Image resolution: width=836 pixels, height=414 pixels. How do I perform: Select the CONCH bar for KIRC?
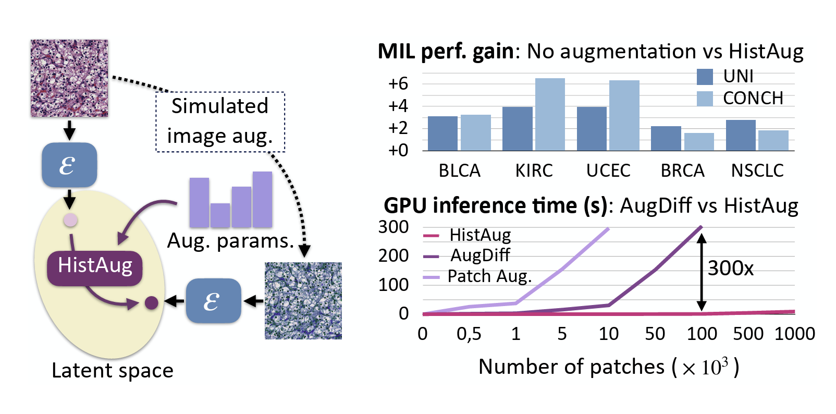point(550,115)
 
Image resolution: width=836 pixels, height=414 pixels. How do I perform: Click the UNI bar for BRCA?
point(666,138)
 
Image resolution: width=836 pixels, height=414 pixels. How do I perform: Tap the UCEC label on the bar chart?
point(608,171)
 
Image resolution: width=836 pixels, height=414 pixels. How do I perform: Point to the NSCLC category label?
point(757,171)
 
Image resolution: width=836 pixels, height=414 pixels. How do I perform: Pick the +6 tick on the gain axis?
point(398,83)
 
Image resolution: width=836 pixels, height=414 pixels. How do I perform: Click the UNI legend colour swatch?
point(705,77)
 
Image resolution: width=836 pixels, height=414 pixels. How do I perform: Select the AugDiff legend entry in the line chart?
point(480,255)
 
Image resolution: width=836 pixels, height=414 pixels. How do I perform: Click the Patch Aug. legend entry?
point(489,276)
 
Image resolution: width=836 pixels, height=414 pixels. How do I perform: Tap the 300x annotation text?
point(730,269)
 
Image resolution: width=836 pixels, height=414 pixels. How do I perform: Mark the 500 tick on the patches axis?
point(748,334)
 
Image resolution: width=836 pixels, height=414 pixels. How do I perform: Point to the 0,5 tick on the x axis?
point(469,334)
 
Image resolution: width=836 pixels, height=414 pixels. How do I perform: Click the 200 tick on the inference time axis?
point(393,255)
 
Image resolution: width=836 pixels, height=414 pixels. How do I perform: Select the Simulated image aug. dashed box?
point(220,121)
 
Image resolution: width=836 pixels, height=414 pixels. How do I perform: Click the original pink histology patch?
point(69,78)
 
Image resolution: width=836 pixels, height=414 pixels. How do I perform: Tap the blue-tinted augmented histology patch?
point(303,301)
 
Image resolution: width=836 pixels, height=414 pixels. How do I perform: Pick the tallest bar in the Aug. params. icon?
point(262,199)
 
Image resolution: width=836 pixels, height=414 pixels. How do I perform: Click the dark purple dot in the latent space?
point(151,302)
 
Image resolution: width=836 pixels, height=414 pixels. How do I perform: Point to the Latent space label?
point(112,371)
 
